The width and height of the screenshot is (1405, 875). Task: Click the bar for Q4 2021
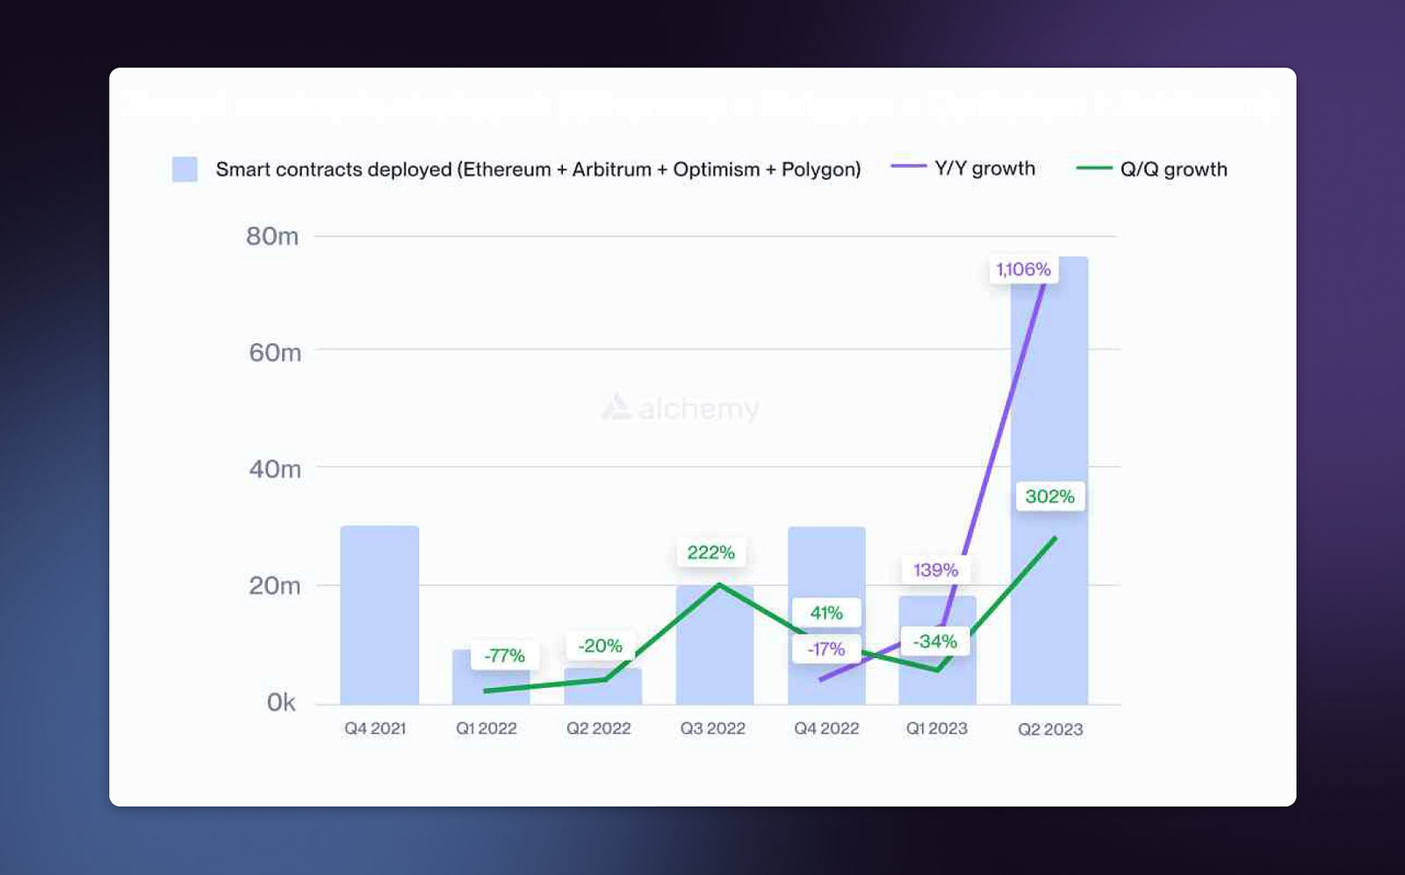coord(379,614)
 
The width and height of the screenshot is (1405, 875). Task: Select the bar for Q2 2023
coord(1049,395)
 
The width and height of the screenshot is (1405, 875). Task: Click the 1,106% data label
coord(1023,269)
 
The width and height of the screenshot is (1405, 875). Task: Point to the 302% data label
coord(1049,497)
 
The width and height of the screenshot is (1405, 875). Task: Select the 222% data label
coord(710,553)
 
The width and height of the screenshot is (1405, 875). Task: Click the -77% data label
coord(504,656)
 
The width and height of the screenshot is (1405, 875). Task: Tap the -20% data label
coord(600,646)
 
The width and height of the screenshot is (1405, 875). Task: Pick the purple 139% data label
coord(935,570)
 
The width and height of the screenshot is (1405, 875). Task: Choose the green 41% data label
coord(826,613)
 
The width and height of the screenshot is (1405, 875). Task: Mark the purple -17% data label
coord(826,649)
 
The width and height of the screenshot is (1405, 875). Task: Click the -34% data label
coord(934,642)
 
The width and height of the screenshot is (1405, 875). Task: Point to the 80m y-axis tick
coord(272,236)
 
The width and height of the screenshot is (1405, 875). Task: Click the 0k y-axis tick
coord(281,702)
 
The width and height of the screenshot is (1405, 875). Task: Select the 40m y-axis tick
coord(275,469)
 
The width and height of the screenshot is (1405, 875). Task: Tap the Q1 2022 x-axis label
coord(486,728)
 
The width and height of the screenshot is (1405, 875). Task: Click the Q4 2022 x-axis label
coord(826,728)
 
